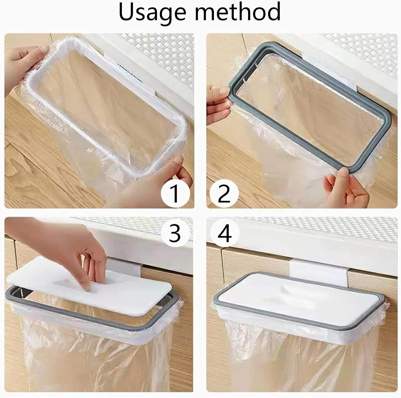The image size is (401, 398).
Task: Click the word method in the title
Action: pos(238,12)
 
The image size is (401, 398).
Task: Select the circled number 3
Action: pos(175,233)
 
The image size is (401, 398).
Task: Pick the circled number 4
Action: pos(224,233)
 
